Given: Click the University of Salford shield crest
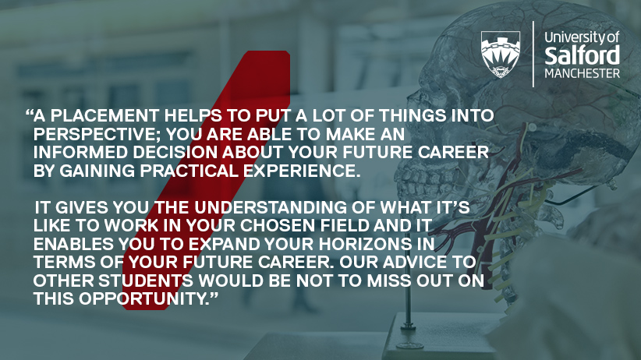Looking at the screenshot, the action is point(501,55).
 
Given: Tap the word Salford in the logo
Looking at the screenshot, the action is point(583,55).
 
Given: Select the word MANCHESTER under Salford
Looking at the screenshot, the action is point(583,73).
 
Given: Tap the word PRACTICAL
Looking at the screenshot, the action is point(189,171).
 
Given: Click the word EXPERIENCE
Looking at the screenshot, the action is point(302,171).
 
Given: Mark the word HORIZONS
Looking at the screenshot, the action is point(366,244).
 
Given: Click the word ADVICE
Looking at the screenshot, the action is point(412,263).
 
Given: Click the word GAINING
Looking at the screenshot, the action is point(97,171).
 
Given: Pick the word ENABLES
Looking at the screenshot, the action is point(73,244).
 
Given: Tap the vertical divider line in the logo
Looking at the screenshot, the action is point(533,54).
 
